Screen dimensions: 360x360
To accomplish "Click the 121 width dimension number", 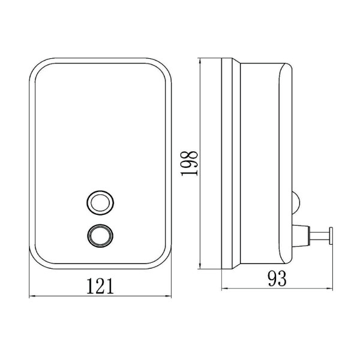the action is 100,286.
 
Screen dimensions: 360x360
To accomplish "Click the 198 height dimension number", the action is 190,163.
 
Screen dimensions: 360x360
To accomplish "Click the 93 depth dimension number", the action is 277,278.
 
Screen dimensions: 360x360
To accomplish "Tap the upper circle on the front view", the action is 100,203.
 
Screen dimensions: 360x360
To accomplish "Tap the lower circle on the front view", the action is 100,236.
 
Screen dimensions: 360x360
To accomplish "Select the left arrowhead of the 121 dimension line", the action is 32,296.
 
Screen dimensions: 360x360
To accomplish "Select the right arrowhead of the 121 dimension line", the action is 168,296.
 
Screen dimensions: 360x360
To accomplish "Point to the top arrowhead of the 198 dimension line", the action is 200,62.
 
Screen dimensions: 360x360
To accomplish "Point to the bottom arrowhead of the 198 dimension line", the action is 200,266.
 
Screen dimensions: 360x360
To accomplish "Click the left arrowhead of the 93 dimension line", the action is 225,289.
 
